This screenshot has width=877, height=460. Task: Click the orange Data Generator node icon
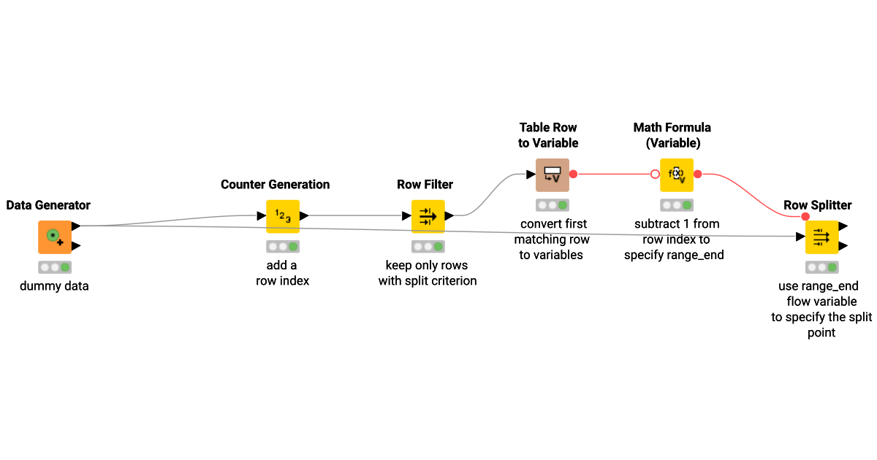pos(55,237)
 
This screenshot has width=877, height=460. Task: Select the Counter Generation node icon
pos(283,216)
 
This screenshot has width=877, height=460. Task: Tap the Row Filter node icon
pos(428,216)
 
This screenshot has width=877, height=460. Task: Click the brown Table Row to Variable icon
pos(552,175)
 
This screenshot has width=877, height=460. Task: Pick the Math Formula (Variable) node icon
pos(676,175)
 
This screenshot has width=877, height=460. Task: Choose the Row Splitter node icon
pos(821,237)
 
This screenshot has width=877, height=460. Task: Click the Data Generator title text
pos(48,205)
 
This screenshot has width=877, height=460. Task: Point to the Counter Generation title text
pos(275,185)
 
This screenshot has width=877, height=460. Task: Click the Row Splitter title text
pos(817,205)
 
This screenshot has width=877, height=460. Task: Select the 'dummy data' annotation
pos(54,286)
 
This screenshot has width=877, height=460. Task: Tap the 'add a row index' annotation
pos(282,273)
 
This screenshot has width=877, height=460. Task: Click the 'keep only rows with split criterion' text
pos(428,273)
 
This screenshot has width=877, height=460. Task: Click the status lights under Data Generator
pos(55,267)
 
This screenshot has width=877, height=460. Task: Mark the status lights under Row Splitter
pos(821,267)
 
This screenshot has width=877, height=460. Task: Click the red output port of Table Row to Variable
pos(574,175)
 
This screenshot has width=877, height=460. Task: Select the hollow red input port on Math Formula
pos(655,175)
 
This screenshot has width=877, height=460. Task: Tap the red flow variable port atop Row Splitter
pos(805,216)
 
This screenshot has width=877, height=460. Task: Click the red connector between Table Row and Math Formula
pos(614,175)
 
